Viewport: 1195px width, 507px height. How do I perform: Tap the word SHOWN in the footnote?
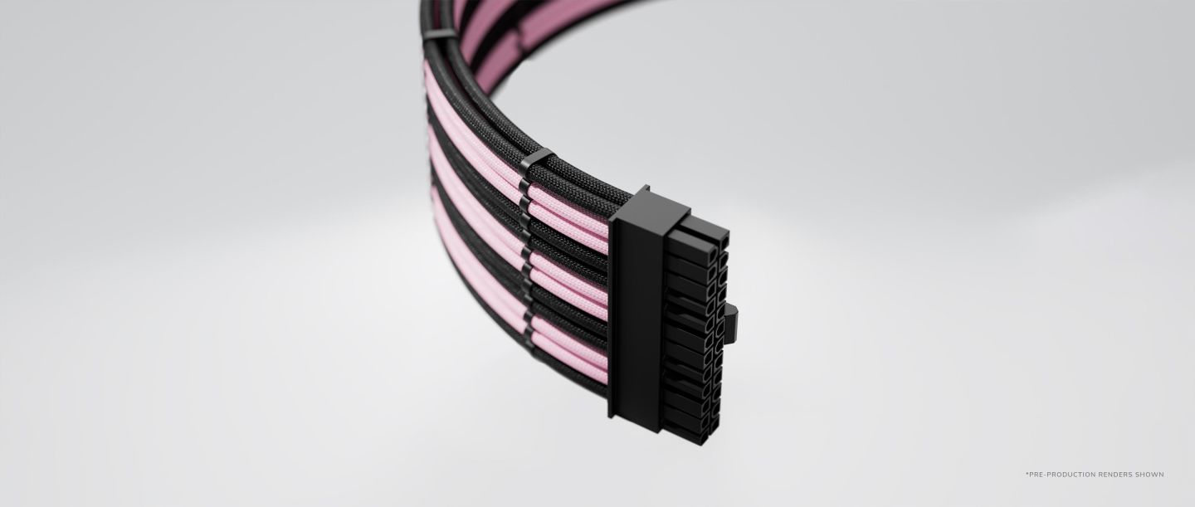coord(1153,474)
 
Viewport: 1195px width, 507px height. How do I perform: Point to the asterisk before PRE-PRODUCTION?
coord(1026,473)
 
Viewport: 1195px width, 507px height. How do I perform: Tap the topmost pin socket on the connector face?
coord(714,256)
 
